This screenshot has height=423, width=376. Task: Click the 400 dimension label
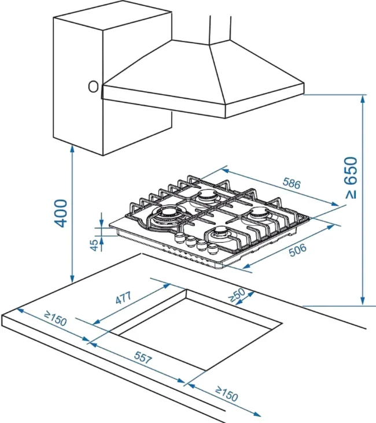(x=61, y=213)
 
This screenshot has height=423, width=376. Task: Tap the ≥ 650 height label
(x=352, y=177)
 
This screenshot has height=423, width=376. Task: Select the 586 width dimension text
(x=291, y=184)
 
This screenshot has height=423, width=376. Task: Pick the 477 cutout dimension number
(x=123, y=298)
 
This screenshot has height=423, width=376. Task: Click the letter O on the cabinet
(x=93, y=87)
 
